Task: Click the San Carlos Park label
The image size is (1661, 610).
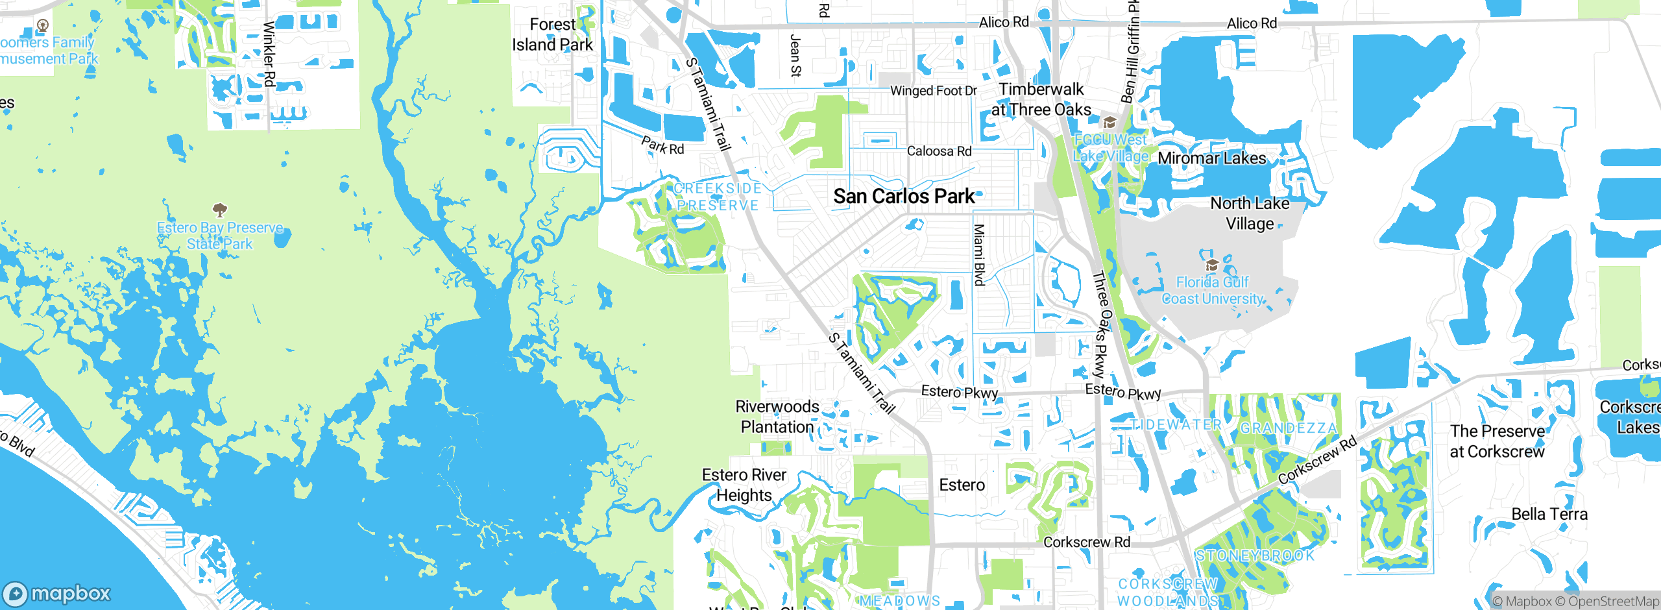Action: pyautogui.click(x=904, y=196)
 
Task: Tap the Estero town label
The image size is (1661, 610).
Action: pyautogui.click(x=962, y=485)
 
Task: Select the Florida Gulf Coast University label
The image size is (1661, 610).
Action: pyautogui.click(x=1212, y=290)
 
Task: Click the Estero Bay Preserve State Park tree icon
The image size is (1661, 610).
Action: pyautogui.click(x=219, y=210)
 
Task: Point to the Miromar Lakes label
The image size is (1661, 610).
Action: pyautogui.click(x=1211, y=158)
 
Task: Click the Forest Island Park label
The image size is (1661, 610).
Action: pyautogui.click(x=552, y=34)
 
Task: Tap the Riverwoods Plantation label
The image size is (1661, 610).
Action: pyautogui.click(x=777, y=417)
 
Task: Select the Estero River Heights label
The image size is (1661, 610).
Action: pyautogui.click(x=744, y=485)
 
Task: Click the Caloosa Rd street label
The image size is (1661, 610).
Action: pyautogui.click(x=939, y=151)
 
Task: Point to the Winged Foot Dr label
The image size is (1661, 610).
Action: pyautogui.click(x=933, y=91)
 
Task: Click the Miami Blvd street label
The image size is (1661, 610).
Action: pyautogui.click(x=979, y=254)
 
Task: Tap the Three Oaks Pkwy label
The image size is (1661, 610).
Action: pyautogui.click(x=1100, y=324)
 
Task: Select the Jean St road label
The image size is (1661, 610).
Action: pyautogui.click(x=795, y=56)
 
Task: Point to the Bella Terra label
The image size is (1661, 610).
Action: pyautogui.click(x=1549, y=514)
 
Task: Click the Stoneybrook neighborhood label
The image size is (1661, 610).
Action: pyautogui.click(x=1255, y=555)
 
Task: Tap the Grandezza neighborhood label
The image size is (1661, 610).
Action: pyautogui.click(x=1289, y=428)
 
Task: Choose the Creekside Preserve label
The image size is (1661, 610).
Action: pyautogui.click(x=717, y=197)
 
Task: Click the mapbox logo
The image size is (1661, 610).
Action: pyautogui.click(x=57, y=593)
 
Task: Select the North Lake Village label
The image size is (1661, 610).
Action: pyautogui.click(x=1250, y=213)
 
